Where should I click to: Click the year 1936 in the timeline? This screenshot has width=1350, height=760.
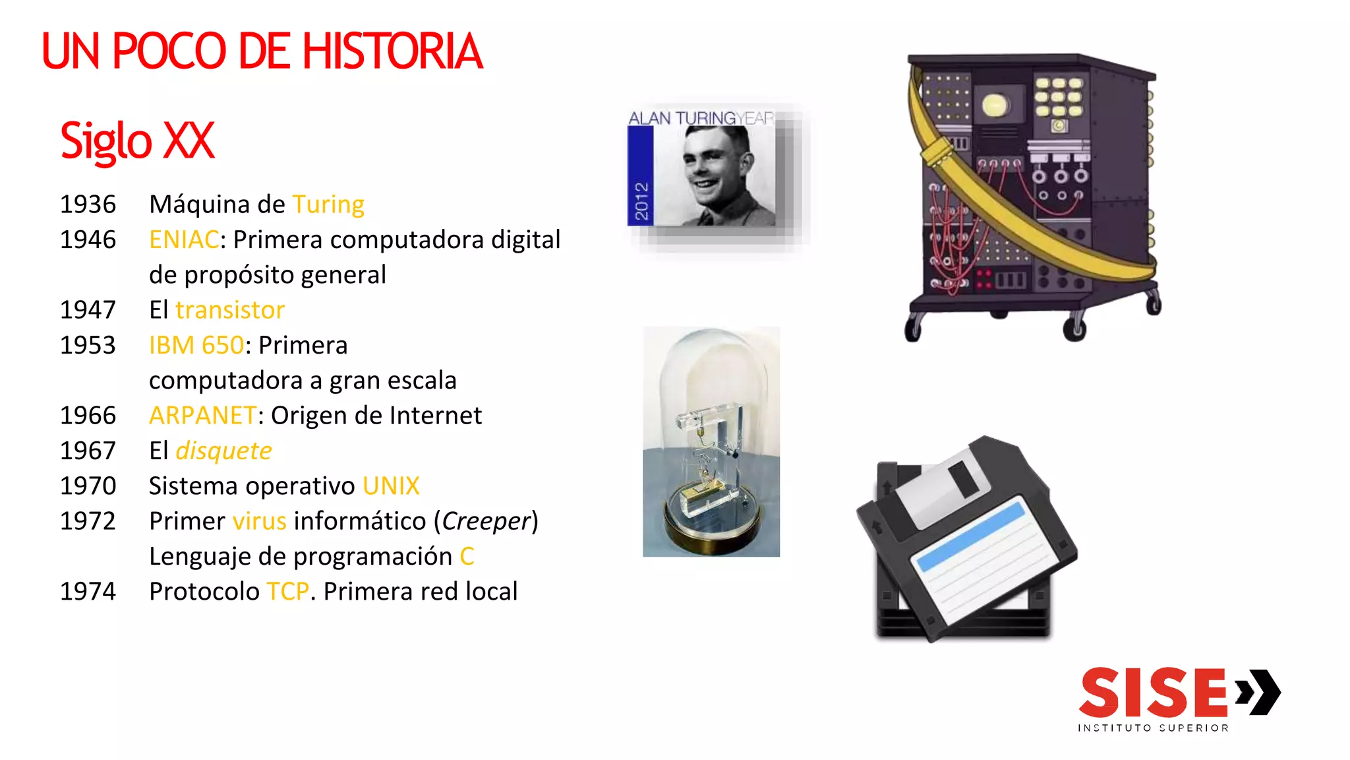tap(88, 205)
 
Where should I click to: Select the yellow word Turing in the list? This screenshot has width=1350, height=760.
tap(328, 205)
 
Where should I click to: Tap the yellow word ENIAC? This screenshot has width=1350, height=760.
tap(184, 239)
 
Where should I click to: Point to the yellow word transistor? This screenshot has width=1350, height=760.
tap(230, 310)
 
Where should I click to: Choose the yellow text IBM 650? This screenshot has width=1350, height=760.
tap(196, 345)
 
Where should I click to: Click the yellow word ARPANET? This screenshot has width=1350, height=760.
tap(202, 416)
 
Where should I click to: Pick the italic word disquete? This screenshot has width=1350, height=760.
tap(223, 451)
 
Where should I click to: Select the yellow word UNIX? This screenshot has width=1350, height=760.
tap(391, 486)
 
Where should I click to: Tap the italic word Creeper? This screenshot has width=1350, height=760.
tap(486, 521)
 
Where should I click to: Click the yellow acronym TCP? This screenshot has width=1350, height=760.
tap(288, 592)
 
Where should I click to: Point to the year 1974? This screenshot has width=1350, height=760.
tap(88, 592)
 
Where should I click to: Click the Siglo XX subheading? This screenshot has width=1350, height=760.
tap(137, 141)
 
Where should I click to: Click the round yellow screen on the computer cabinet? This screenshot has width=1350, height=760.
tap(995, 105)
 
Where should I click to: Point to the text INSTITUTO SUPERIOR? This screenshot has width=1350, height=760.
tap(1153, 728)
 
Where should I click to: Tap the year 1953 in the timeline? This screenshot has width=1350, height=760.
tap(88, 345)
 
